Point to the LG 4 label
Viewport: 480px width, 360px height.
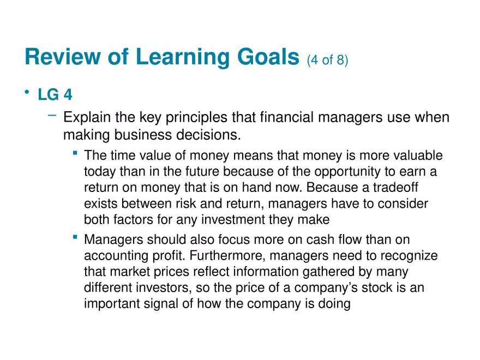55,95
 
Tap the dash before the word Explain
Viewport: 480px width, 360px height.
52,115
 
